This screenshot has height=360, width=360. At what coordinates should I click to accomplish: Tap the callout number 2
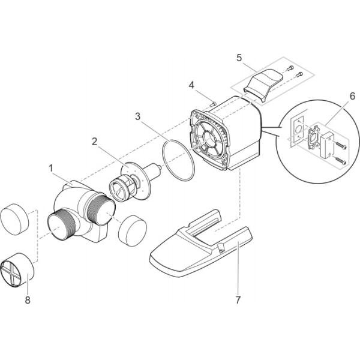point(94,142)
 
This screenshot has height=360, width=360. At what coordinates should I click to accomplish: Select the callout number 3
point(137,116)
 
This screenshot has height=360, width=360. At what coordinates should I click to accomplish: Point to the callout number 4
point(191,85)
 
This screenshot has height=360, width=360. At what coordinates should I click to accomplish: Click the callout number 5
point(239,58)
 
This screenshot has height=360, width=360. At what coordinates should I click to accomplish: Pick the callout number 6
point(352,96)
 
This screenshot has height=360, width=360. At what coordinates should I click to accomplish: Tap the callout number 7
point(238,300)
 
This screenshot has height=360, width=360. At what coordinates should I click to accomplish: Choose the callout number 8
point(28,300)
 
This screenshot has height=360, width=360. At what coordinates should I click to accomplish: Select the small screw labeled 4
point(213,104)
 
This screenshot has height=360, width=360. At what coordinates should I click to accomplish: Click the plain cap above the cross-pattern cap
point(14,219)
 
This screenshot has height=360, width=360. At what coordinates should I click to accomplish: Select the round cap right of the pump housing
point(133,231)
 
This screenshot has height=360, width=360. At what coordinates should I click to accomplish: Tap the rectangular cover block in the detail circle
point(327,145)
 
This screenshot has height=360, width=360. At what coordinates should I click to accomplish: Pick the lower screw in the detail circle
point(340,160)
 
